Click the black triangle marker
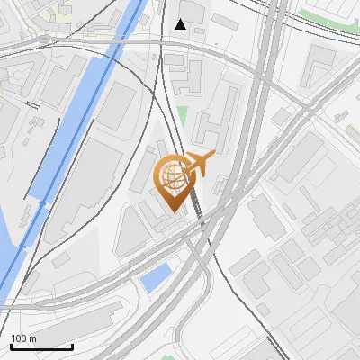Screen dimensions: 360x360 [181, 24]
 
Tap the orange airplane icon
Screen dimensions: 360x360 [197, 164]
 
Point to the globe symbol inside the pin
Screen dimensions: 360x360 [172, 175]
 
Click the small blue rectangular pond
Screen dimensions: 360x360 [155, 277]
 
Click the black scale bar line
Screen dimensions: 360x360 [41, 346]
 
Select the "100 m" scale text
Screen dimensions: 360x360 [23, 338]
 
